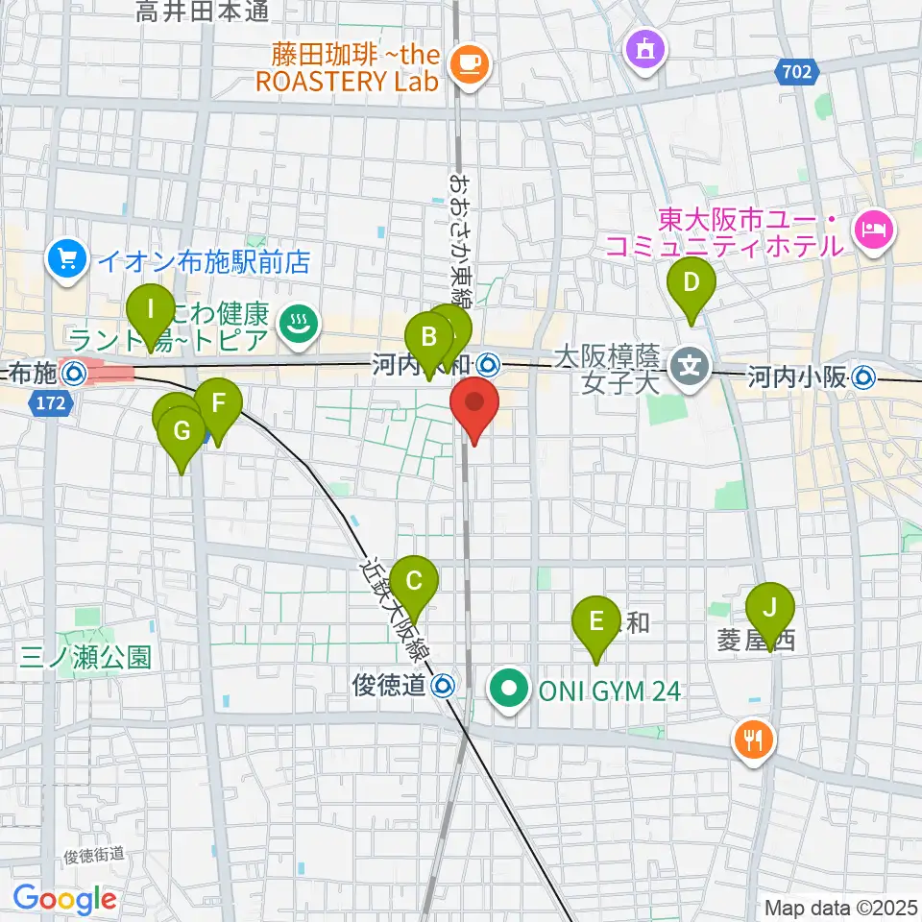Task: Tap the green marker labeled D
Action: pyautogui.click(x=691, y=284)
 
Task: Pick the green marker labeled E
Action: pyautogui.click(x=596, y=621)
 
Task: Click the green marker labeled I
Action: pyautogui.click(x=151, y=311)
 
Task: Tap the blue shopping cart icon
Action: pyautogui.click(x=66, y=258)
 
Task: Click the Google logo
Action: pyautogui.click(x=64, y=899)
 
